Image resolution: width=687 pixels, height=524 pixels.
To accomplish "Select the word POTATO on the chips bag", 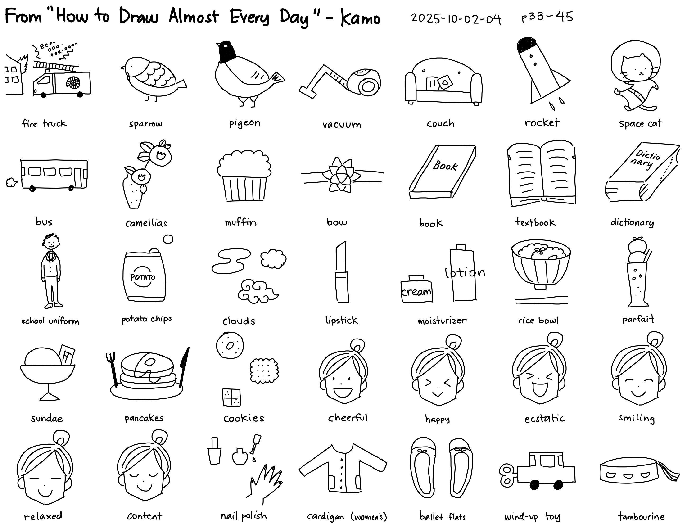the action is click(x=143, y=277).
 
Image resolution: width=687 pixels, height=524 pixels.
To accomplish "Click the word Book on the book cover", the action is click(x=445, y=166).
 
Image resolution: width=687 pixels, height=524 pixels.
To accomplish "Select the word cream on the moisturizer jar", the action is click(x=416, y=292).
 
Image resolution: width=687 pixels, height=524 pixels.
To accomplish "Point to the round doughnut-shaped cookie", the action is click(x=230, y=345).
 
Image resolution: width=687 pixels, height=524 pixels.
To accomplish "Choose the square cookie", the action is click(x=231, y=397).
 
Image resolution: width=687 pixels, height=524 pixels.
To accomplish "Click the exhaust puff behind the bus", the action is click(x=12, y=183).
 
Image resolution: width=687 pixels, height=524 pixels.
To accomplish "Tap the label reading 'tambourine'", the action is click(x=641, y=516).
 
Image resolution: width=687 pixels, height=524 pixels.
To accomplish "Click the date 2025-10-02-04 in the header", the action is click(x=456, y=18).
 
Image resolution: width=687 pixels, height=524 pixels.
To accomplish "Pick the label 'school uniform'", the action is click(x=50, y=321).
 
